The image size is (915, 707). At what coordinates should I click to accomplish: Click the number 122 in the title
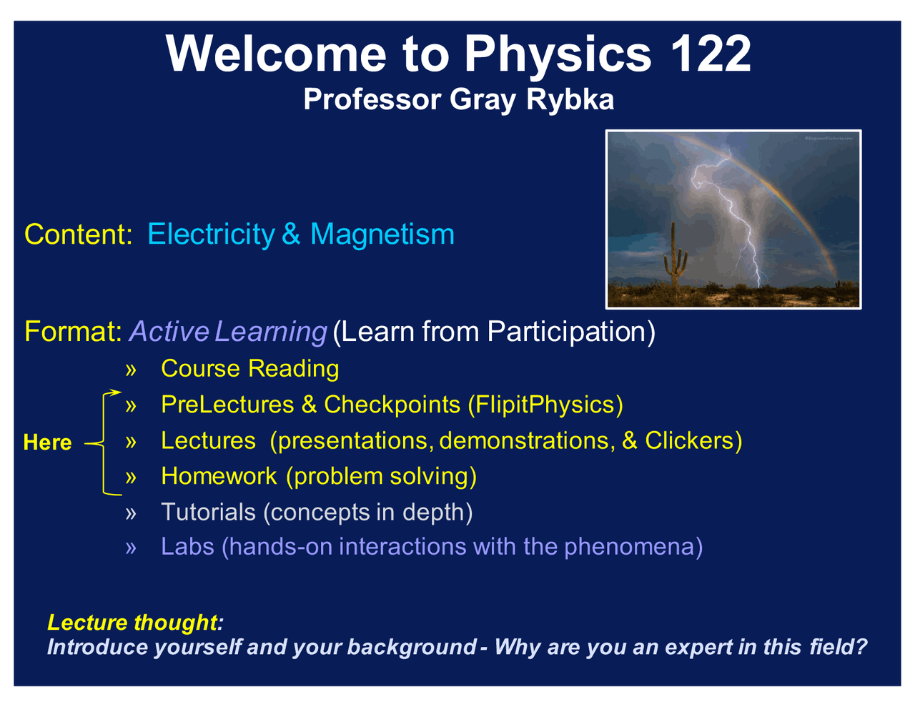pos(711,54)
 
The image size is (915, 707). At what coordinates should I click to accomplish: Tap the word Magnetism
pos(382,234)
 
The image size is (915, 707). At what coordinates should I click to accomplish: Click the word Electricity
pos(210,234)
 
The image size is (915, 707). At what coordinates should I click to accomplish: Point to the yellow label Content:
pos(79,234)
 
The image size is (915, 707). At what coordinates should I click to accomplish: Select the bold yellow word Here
pos(47,443)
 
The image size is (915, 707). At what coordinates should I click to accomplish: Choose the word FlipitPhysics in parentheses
pos(545,405)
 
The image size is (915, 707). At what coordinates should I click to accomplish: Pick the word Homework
pos(219,476)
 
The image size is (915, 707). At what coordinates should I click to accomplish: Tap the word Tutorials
pos(208,513)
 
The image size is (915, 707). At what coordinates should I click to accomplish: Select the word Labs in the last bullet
pos(187,547)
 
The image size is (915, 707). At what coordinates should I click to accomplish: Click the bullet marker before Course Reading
pos(130,370)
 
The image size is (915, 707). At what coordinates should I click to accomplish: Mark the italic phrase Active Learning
pos(227,332)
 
